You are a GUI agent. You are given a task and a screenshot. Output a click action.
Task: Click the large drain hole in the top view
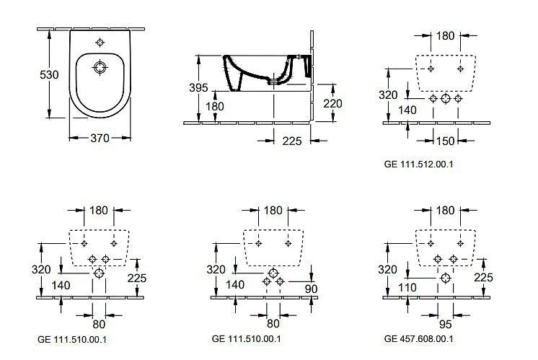pos(100,69)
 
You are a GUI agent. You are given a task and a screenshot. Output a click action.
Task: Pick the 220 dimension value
pos(332,103)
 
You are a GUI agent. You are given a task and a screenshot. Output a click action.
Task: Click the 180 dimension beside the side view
pos(215,106)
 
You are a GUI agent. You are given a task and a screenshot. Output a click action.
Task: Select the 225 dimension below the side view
pos(292,141)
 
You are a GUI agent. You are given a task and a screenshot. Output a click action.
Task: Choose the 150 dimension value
pos(445,139)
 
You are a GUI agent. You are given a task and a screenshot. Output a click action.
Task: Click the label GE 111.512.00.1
pos(418,164)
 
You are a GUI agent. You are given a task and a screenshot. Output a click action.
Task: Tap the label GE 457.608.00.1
pos(419,338)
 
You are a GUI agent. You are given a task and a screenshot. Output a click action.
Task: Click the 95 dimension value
pos(445,314)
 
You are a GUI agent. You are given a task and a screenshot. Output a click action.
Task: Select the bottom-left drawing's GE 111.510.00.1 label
pos(73,338)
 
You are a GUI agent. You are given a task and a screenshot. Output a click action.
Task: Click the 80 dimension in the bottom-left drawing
pos(98,314)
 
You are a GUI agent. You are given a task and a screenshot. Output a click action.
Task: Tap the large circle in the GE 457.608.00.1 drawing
pos(446,277)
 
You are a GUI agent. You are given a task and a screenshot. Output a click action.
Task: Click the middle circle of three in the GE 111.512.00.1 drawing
pos(445,98)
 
